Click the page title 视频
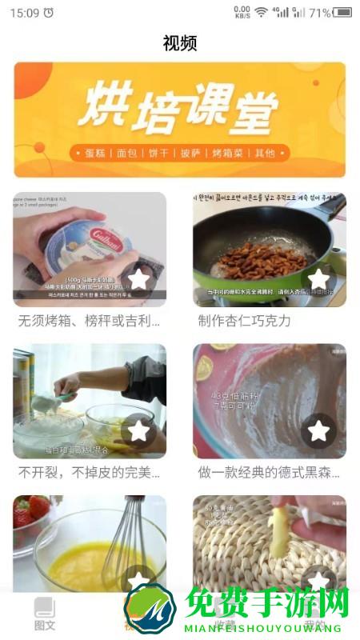tap(179, 43)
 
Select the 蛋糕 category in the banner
tap(94, 153)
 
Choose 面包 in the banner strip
tap(126, 153)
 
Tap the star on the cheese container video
tap(139, 279)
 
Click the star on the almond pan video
tap(318, 279)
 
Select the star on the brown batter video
tap(318, 431)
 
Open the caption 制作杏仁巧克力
tap(244, 321)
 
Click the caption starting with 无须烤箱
tap(90, 321)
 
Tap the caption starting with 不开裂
tap(90, 473)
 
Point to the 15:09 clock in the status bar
tap(24, 13)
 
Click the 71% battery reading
tap(319, 13)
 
